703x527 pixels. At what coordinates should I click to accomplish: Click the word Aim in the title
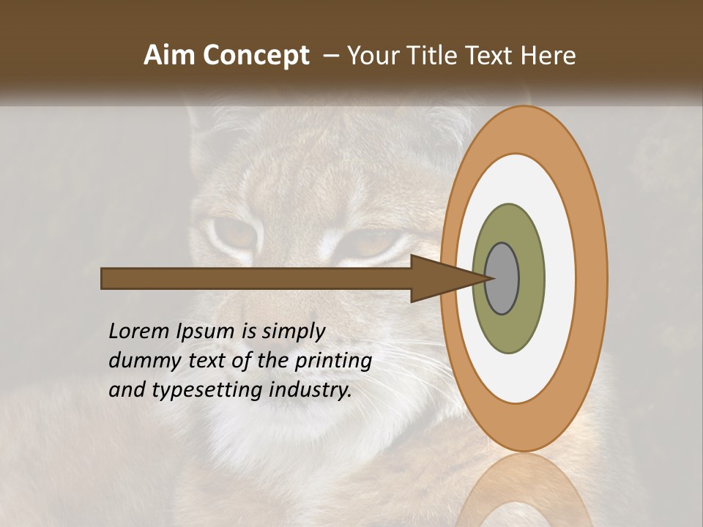coord(169,56)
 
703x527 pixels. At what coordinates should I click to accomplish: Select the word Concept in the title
coord(256,56)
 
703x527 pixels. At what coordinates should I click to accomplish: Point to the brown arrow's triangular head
coord(439,279)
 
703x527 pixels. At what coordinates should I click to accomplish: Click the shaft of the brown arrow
coord(256,279)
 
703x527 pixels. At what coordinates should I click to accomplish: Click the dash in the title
coord(331,56)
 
